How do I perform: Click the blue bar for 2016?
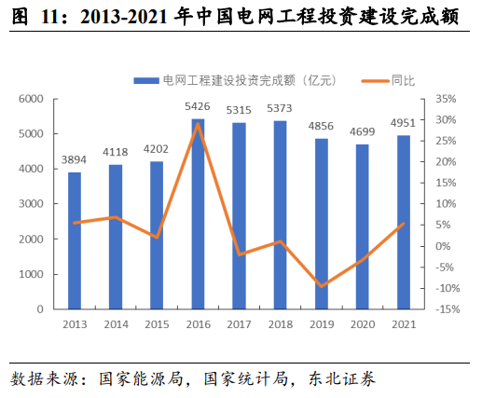click(x=198, y=213)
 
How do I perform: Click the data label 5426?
click(x=198, y=107)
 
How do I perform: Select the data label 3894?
click(x=75, y=160)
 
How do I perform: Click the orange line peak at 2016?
click(x=198, y=123)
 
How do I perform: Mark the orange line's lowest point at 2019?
click(x=322, y=286)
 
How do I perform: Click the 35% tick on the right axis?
click(x=446, y=98)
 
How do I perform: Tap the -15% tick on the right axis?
click(x=445, y=309)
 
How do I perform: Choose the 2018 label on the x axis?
click(x=281, y=323)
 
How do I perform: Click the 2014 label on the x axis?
click(x=116, y=323)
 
